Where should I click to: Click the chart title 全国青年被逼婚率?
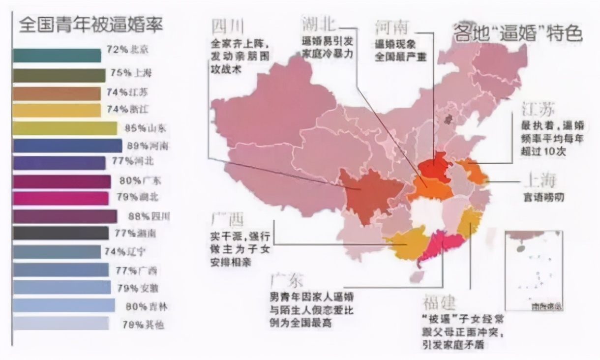pyautogui.click(x=90, y=25)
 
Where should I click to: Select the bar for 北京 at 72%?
pyautogui.click(x=57, y=56)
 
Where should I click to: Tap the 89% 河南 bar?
pyautogui.click(x=67, y=146)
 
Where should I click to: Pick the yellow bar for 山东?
pyautogui.click(x=65, y=128)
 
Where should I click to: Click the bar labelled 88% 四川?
pyautogui.click(x=65, y=216)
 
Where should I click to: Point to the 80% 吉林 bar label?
pyautogui.click(x=146, y=306)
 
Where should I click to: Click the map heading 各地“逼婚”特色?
pyautogui.click(x=517, y=33)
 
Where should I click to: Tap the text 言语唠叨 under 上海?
pyautogui.click(x=543, y=198)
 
